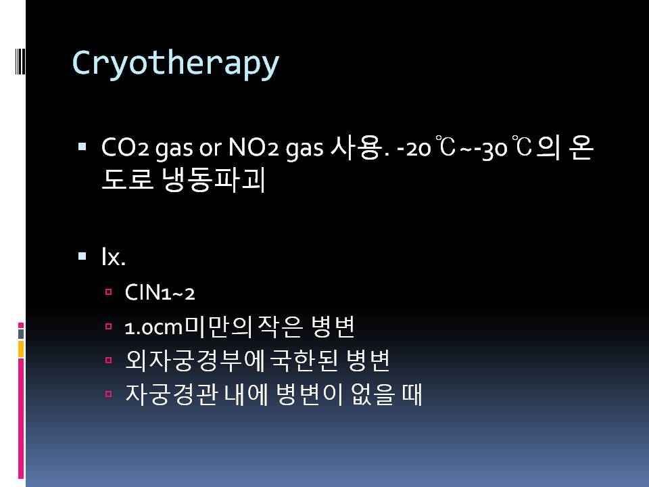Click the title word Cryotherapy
[x=176, y=64]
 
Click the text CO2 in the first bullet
[x=125, y=147]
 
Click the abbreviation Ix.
[x=114, y=256]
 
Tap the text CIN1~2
[x=160, y=292]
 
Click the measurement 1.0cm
[x=153, y=327]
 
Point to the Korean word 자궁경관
[x=171, y=394]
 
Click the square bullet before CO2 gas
[x=82, y=146]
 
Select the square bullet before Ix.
[x=82, y=256]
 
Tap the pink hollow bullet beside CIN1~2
[x=108, y=292]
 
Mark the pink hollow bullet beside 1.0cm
[x=108, y=327]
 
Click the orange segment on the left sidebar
[x=21, y=349]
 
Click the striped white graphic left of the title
[x=20, y=62]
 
